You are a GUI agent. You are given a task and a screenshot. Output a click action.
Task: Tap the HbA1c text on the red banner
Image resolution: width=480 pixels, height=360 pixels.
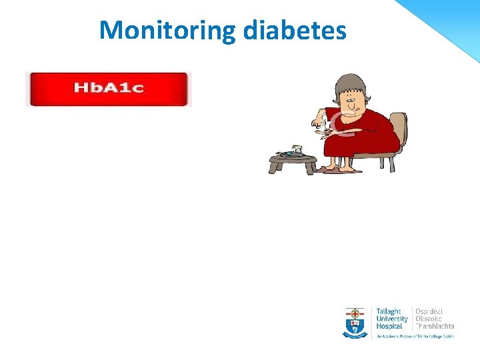pos(109,88)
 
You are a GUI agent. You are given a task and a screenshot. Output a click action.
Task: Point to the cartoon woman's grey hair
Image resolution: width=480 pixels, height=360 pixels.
pos(349,85)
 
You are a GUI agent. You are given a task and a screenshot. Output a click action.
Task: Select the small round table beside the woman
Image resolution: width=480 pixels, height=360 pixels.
pos(291,160)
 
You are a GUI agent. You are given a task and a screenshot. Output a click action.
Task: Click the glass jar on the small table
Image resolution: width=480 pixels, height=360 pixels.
pos(297,150)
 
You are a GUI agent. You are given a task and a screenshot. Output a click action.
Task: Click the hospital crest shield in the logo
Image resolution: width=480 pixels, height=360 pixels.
pos(355,321)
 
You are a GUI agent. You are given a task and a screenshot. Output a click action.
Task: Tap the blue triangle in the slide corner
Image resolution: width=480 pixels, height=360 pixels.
pos(453,17)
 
